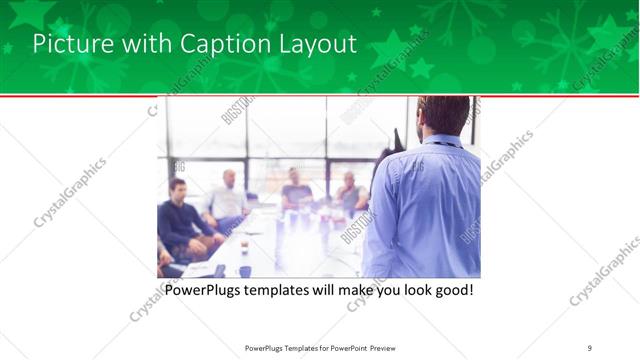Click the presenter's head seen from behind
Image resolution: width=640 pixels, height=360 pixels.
[x=443, y=114]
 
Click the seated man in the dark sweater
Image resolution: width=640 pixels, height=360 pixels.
[x=181, y=215]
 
